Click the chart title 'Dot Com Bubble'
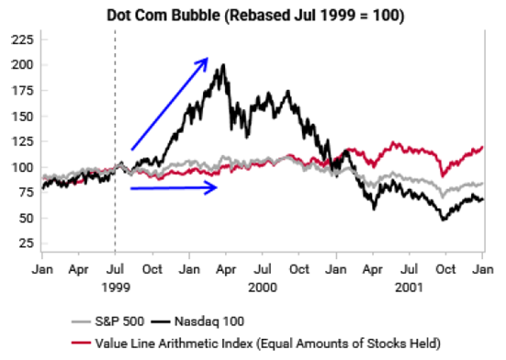point(163,16)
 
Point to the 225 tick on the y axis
point(23,39)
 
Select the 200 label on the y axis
point(23,65)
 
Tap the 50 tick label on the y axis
point(27,218)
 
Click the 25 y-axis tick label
point(27,242)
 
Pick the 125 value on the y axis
point(23,141)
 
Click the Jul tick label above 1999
point(115,269)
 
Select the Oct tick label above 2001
point(445,269)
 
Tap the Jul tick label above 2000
point(263,269)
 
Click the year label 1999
point(116,287)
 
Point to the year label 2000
point(263,287)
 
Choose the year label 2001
point(410,287)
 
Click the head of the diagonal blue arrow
point(208,58)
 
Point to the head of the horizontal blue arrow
point(217,187)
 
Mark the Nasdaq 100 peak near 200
point(223,65)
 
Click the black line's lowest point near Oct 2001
point(444,219)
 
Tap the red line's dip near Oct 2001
point(442,175)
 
